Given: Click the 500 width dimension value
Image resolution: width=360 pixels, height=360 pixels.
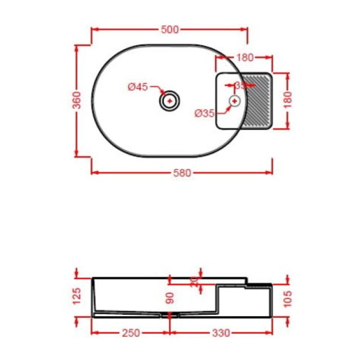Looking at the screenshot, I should pyautogui.click(x=169, y=30).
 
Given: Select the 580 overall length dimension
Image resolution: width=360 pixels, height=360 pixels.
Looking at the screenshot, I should pyautogui.click(x=182, y=173).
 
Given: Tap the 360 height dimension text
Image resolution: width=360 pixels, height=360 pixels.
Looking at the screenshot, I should pyautogui.click(x=76, y=100).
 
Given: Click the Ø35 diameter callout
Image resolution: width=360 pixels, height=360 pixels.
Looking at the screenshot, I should pyautogui.click(x=205, y=114).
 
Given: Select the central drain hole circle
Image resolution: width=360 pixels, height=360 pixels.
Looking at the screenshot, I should pyautogui.click(x=170, y=100).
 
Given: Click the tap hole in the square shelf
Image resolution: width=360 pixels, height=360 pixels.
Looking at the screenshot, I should pyautogui.click(x=235, y=101).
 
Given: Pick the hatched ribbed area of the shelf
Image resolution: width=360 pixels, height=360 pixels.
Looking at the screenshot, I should pyautogui.click(x=259, y=101).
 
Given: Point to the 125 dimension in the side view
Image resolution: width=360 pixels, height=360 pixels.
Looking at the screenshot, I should pyautogui.click(x=76, y=296).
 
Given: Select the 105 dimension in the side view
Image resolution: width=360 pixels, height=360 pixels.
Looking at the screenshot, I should pyautogui.click(x=288, y=298).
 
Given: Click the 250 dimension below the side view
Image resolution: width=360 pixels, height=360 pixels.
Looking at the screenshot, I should pyautogui.click(x=130, y=333).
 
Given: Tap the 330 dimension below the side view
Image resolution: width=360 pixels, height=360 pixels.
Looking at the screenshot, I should pyautogui.click(x=221, y=333).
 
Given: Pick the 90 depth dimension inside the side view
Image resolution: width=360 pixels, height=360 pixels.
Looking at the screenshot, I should pyautogui.click(x=170, y=298).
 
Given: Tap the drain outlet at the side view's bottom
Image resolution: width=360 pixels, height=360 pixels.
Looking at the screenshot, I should pyautogui.click(x=170, y=314).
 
